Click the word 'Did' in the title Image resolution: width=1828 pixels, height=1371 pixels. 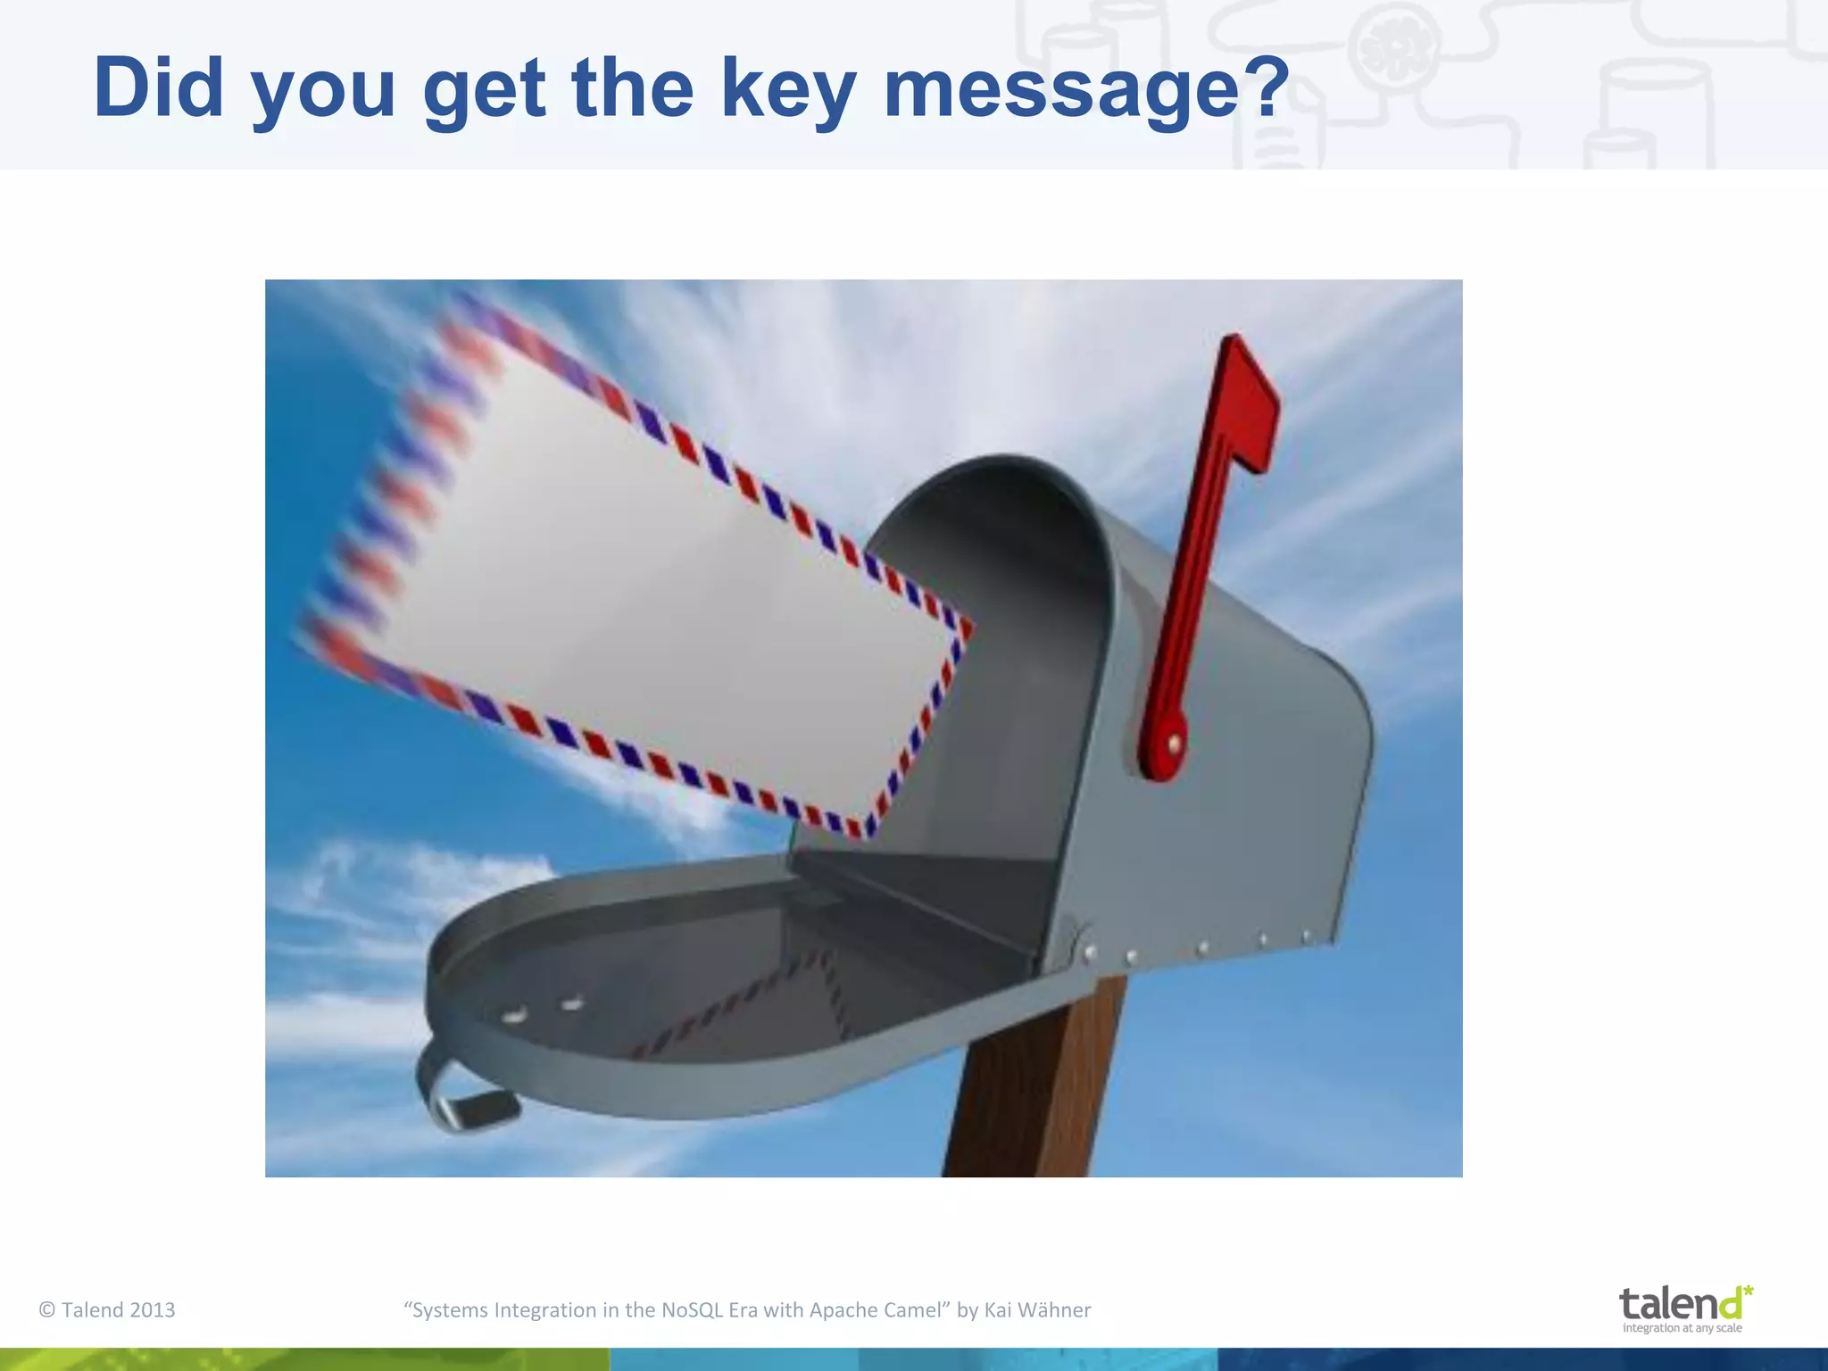tap(158, 87)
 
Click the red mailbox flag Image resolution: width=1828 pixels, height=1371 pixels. tap(1214, 536)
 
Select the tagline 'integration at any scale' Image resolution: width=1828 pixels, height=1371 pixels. tap(1682, 1327)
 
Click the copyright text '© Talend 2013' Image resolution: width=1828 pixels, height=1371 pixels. tap(107, 1309)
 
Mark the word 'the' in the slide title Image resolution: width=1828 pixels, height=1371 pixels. tap(632, 87)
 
